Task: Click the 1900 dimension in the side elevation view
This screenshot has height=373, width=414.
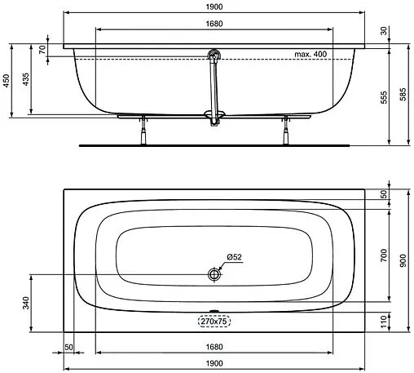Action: [x=214, y=7]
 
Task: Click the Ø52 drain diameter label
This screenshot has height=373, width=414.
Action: [x=234, y=258]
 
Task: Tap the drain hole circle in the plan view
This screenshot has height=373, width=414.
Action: [x=215, y=274]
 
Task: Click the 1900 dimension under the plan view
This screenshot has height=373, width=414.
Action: [x=214, y=363]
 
